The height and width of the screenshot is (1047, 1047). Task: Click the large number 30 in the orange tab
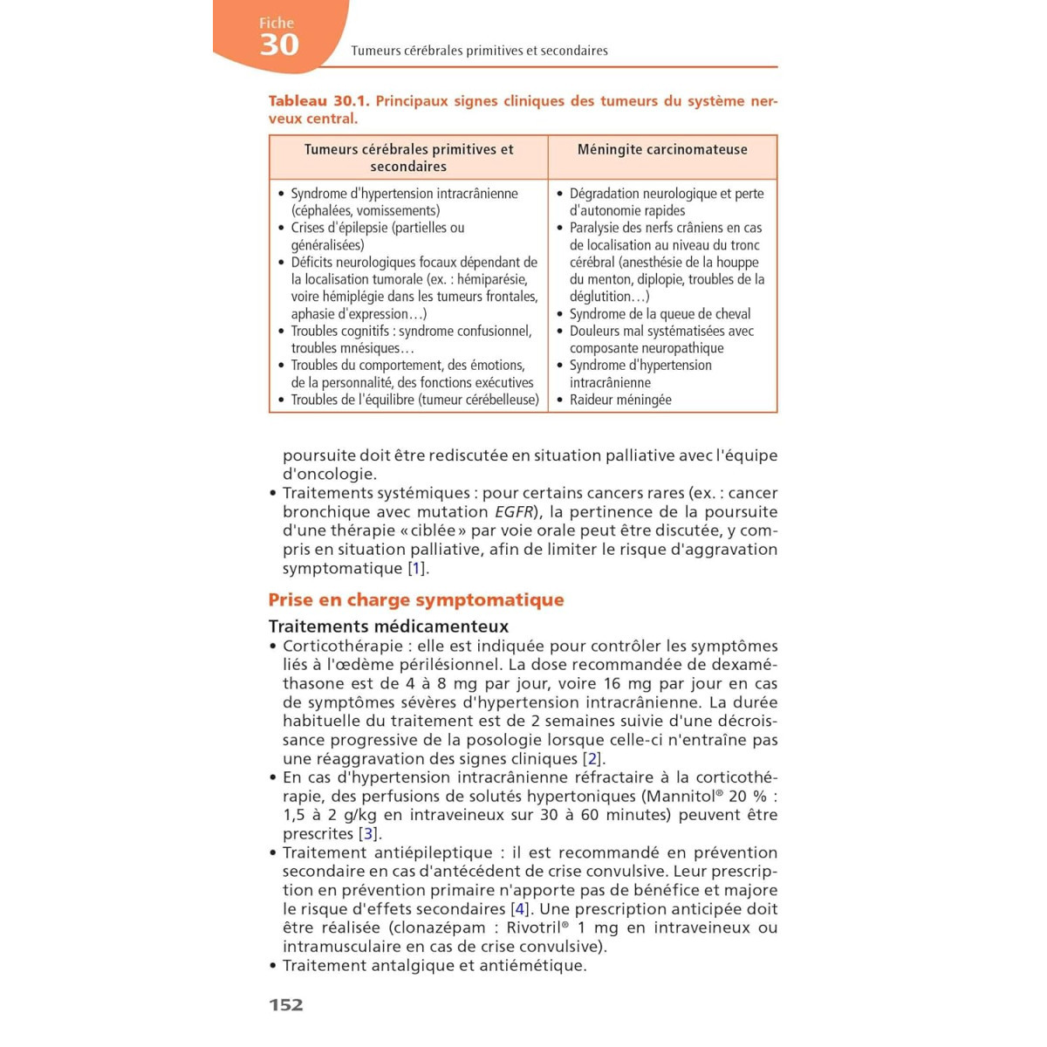tap(279, 44)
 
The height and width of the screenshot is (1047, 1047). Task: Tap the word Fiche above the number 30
tap(277, 24)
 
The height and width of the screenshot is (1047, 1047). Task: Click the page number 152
tap(286, 1005)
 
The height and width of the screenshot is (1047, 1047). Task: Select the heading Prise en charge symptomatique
tap(416, 600)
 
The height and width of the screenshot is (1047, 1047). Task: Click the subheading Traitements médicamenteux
tap(388, 626)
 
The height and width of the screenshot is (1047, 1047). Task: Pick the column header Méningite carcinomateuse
tap(662, 149)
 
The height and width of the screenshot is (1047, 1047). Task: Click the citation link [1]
tap(417, 569)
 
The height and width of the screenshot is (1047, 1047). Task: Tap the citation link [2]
tap(592, 759)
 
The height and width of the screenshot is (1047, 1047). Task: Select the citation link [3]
tap(368, 834)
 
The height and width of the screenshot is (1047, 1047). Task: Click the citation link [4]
tap(520, 909)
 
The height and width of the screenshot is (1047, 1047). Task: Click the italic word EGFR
tap(514, 512)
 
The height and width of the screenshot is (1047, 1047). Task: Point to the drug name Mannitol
tap(681, 797)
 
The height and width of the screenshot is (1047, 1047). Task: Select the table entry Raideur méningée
tap(620, 400)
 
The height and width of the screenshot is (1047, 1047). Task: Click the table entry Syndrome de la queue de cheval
tap(660, 314)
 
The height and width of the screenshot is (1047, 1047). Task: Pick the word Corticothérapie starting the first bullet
tap(343, 647)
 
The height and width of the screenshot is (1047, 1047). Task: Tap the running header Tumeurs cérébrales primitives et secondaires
tap(479, 51)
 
